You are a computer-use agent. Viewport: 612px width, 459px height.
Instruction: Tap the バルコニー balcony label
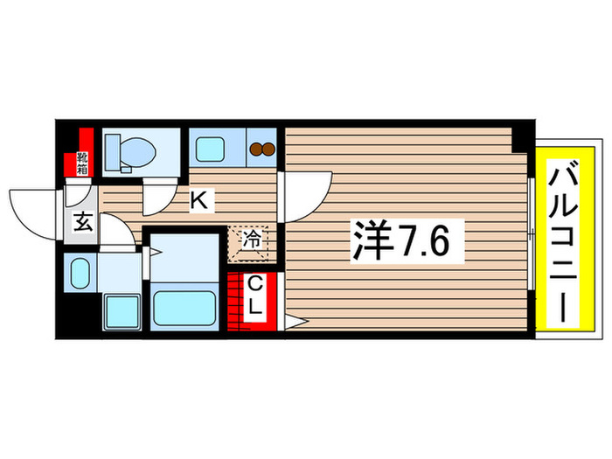tap(560, 238)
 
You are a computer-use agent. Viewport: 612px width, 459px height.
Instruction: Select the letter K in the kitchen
tap(199, 200)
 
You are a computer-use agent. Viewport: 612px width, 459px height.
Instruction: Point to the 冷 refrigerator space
tap(250, 240)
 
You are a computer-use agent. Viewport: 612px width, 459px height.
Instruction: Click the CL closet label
tap(255, 297)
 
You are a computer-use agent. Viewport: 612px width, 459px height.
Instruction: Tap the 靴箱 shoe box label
tap(82, 162)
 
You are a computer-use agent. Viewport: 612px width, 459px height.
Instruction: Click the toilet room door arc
tap(162, 197)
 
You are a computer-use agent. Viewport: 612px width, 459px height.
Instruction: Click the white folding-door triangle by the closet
tap(292, 323)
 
